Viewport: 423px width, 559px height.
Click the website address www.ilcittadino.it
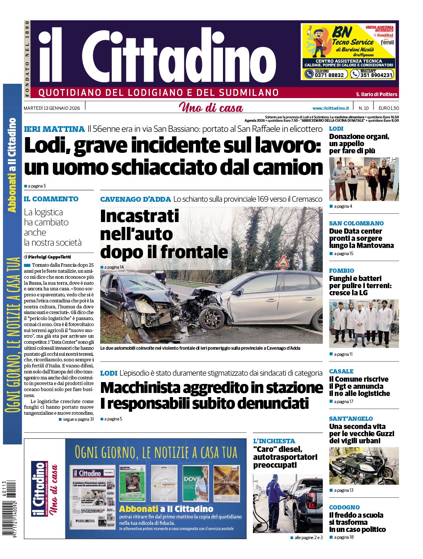(330, 108)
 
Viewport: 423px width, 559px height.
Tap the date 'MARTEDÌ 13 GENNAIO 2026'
(52, 108)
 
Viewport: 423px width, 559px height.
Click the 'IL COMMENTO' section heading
(51, 199)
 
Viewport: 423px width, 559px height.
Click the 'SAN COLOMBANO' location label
(356, 223)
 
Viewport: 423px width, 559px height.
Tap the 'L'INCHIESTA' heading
(274, 441)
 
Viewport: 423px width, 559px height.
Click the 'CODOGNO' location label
(344, 507)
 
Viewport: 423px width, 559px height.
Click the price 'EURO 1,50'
(388, 108)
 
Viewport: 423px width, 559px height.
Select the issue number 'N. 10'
(363, 108)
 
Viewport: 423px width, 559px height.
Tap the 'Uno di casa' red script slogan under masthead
(211, 108)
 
